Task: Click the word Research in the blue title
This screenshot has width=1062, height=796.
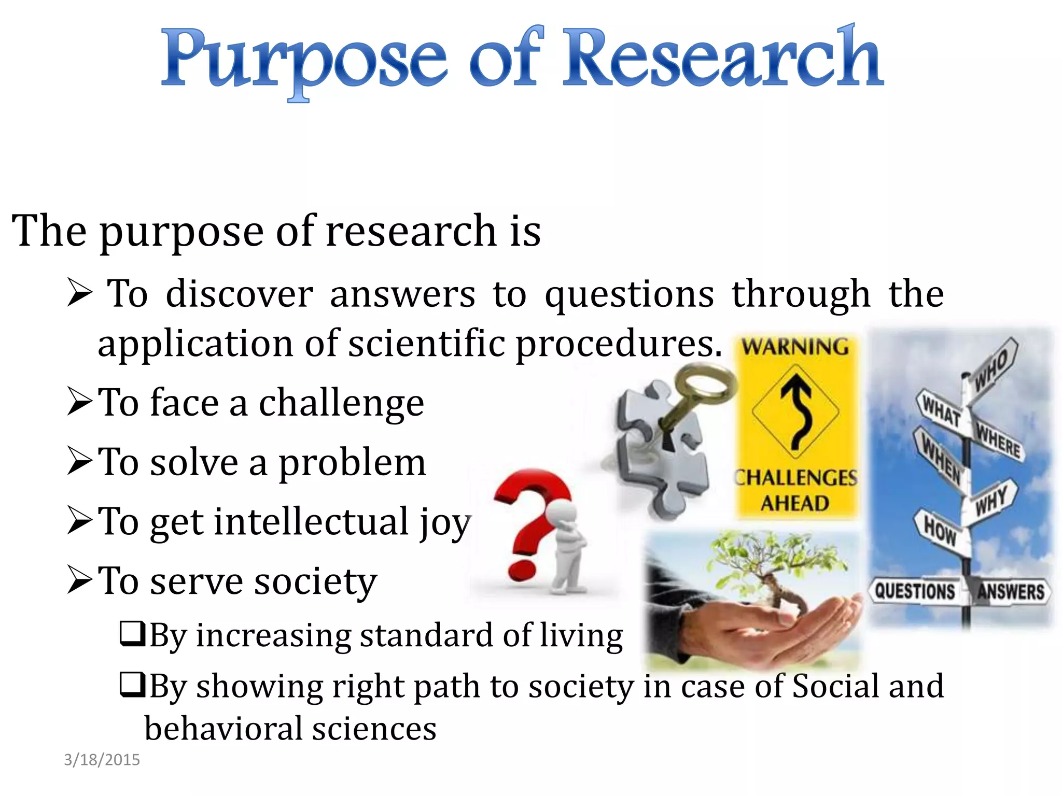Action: tap(723, 58)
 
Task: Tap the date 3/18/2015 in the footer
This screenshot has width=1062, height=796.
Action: tap(102, 760)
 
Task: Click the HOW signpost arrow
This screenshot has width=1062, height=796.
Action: tap(940, 530)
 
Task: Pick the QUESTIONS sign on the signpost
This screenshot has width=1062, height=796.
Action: tap(915, 591)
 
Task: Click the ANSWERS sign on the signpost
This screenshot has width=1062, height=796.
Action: tap(1010, 591)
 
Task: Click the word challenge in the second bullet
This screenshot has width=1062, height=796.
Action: tap(341, 404)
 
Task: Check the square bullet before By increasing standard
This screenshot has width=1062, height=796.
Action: tap(132, 633)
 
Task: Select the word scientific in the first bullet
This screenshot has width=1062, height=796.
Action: tap(426, 344)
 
